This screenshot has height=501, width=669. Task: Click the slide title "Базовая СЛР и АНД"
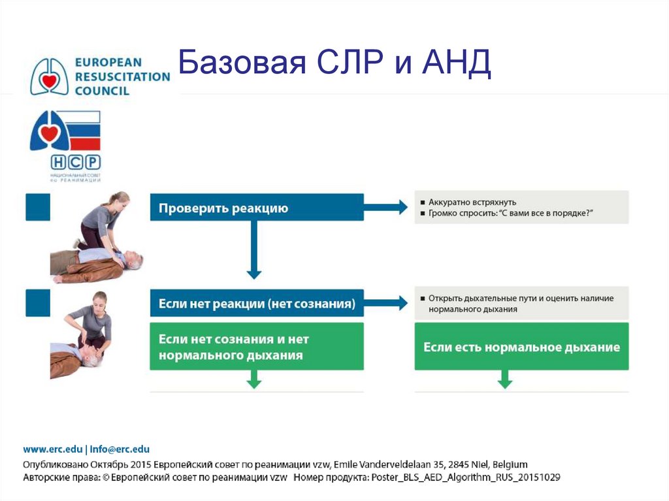(x=334, y=67)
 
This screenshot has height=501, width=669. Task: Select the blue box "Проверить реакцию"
(x=257, y=208)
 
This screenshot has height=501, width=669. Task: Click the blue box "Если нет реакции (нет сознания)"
(x=257, y=304)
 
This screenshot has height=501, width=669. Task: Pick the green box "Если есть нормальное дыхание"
(x=521, y=347)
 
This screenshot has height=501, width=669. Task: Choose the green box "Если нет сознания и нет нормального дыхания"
(x=257, y=347)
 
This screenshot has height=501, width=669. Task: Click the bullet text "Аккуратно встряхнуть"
(x=472, y=202)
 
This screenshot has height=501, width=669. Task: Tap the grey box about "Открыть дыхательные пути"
(x=521, y=303)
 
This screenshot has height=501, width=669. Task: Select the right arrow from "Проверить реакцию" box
(x=386, y=208)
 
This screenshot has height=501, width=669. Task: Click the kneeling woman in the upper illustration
(x=103, y=219)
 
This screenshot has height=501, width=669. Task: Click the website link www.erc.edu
(x=52, y=449)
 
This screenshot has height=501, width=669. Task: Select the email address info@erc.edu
(x=119, y=449)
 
